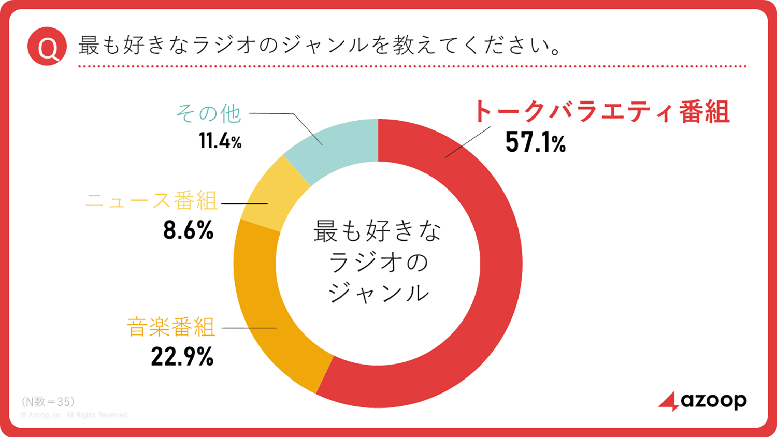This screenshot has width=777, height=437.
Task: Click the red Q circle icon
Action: click(47, 47)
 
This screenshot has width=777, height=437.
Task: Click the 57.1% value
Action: click(535, 142)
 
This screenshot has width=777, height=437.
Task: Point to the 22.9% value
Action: click(182, 357)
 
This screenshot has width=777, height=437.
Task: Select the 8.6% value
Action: click(188, 230)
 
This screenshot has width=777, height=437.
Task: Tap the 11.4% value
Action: click(220, 141)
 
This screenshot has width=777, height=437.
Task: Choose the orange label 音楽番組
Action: click(171, 327)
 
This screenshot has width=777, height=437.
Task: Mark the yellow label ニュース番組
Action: click(151, 201)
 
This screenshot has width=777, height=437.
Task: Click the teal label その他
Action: click(209, 113)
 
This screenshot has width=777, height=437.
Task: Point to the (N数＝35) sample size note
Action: click(48, 402)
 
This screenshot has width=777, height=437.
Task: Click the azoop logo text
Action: click(714, 401)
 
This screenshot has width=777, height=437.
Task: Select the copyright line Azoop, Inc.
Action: click(75, 415)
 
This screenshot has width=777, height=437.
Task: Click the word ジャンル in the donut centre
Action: click(379, 293)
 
